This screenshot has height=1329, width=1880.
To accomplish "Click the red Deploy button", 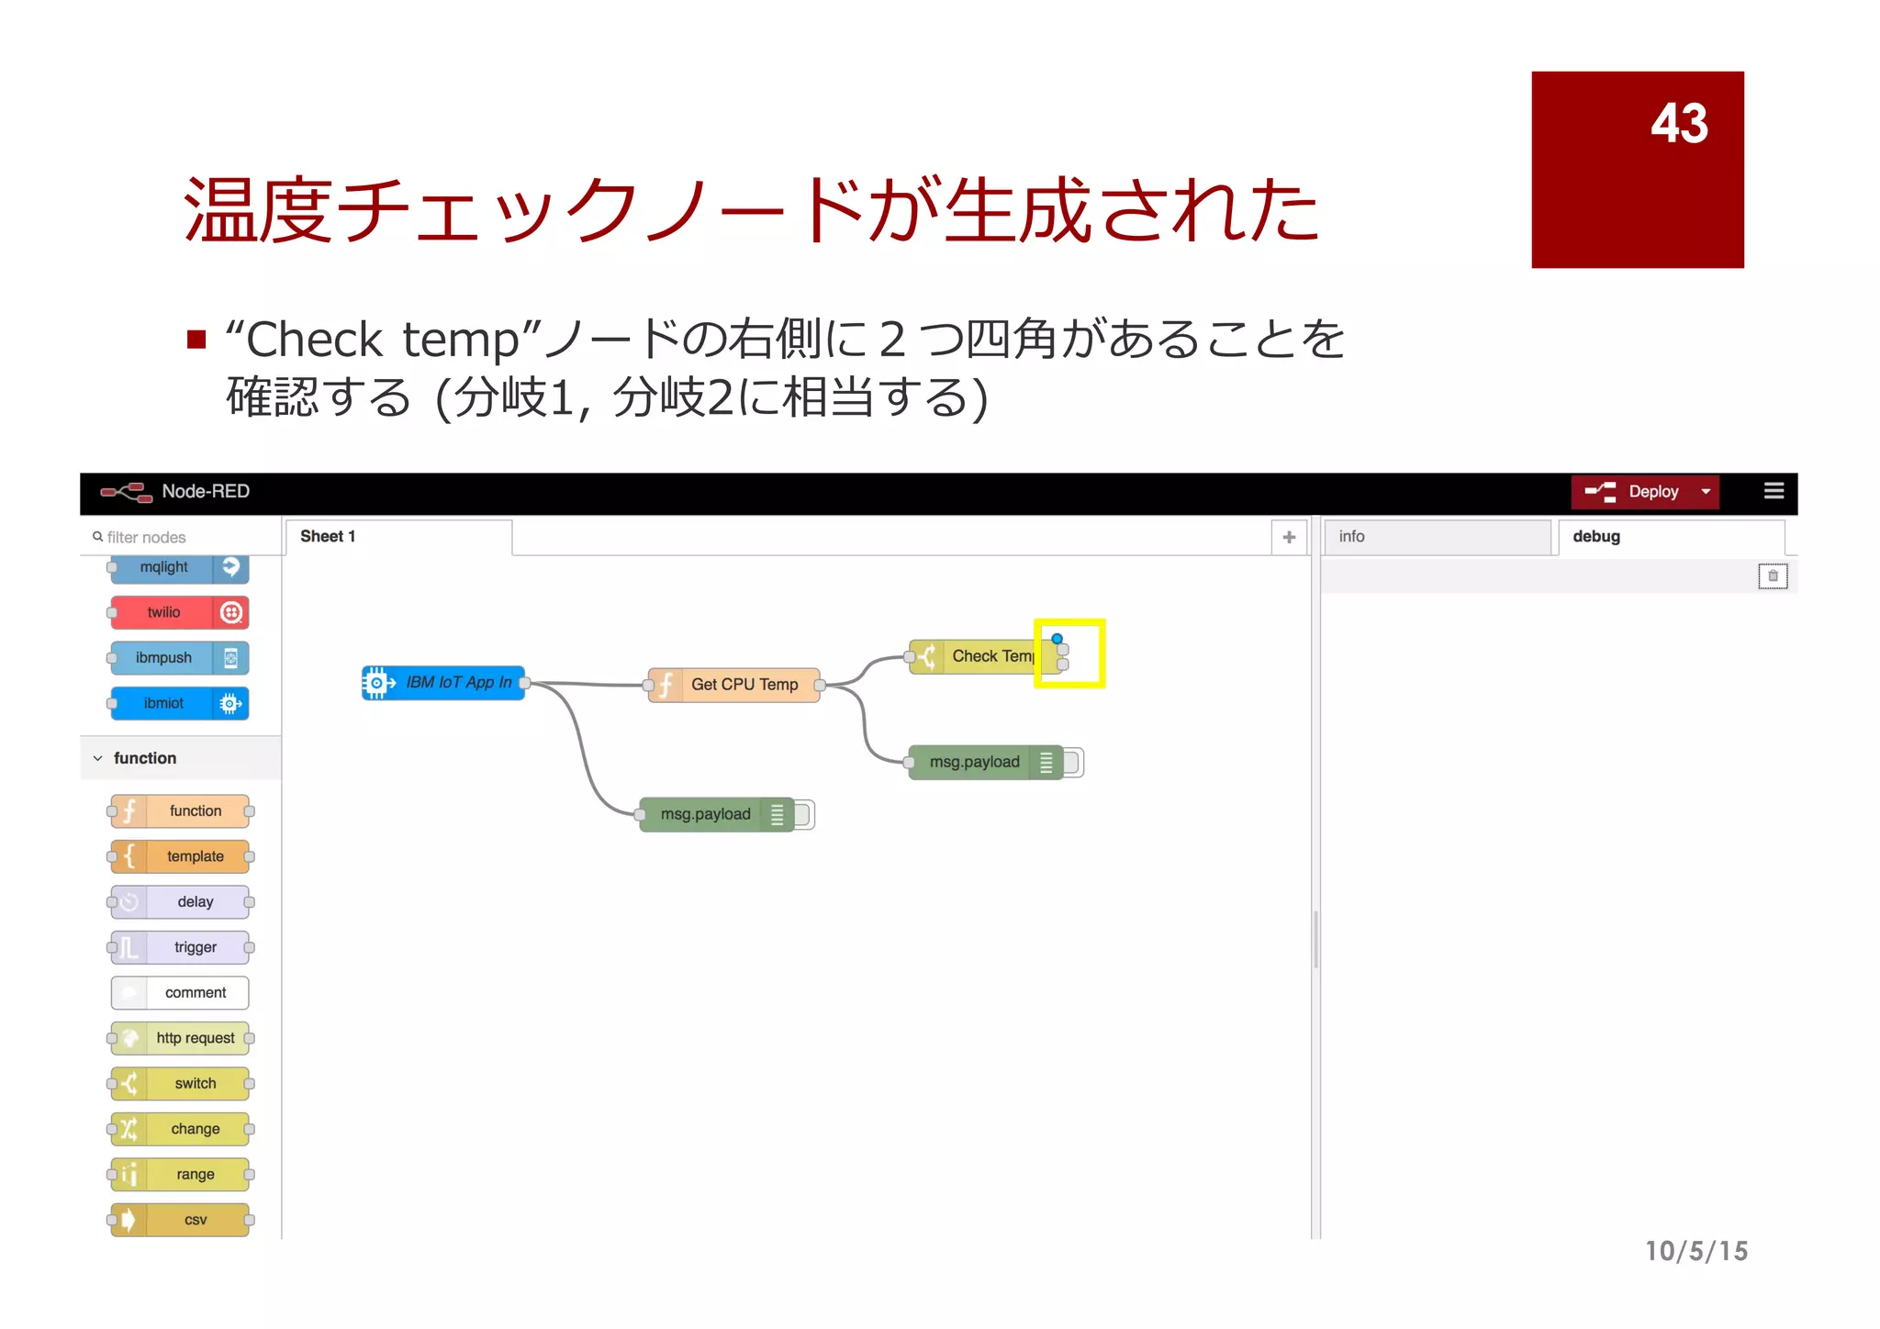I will pos(1635,492).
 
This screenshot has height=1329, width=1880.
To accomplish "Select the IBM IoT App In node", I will pos(444,683).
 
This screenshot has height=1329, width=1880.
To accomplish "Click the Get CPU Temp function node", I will pos(734,685).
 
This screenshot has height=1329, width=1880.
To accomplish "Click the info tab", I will pos(1436,537).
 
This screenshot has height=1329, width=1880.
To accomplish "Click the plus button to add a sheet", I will pos(1289,537).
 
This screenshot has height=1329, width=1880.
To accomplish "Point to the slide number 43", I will pos(1679,123).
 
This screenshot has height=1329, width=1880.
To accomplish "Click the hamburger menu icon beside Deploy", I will pos(1774,491).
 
